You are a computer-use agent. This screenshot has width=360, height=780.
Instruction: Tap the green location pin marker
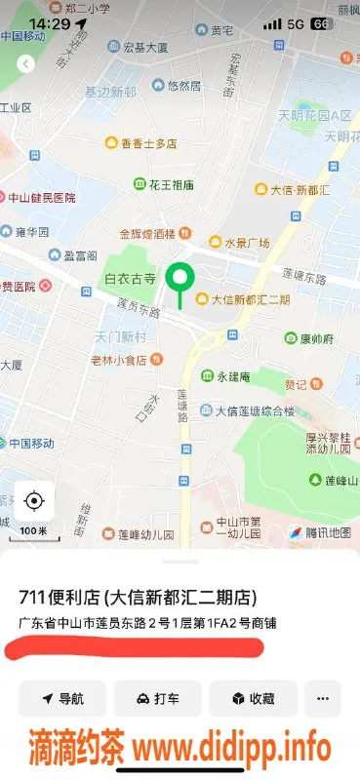pos(179,280)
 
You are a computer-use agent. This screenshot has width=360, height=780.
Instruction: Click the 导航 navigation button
pos(61,698)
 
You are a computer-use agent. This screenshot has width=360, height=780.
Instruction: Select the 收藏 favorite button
pos(253,698)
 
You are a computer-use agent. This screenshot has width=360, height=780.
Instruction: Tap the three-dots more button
pos(324,698)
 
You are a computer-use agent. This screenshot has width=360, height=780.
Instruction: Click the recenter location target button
pos(34,501)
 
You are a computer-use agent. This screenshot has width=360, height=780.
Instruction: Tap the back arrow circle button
pos(25,63)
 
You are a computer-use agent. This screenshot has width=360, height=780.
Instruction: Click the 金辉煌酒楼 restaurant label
pos(146,233)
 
